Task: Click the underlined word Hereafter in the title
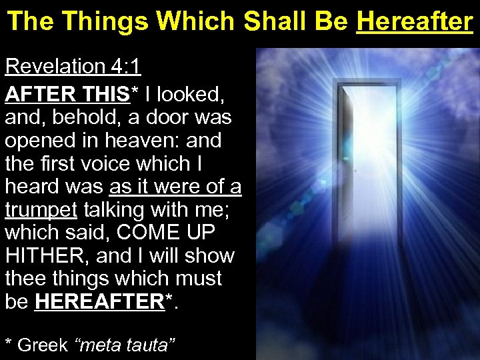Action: point(414,22)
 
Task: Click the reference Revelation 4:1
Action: point(73,67)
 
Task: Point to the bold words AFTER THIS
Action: point(67,95)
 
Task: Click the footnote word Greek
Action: point(43,345)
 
